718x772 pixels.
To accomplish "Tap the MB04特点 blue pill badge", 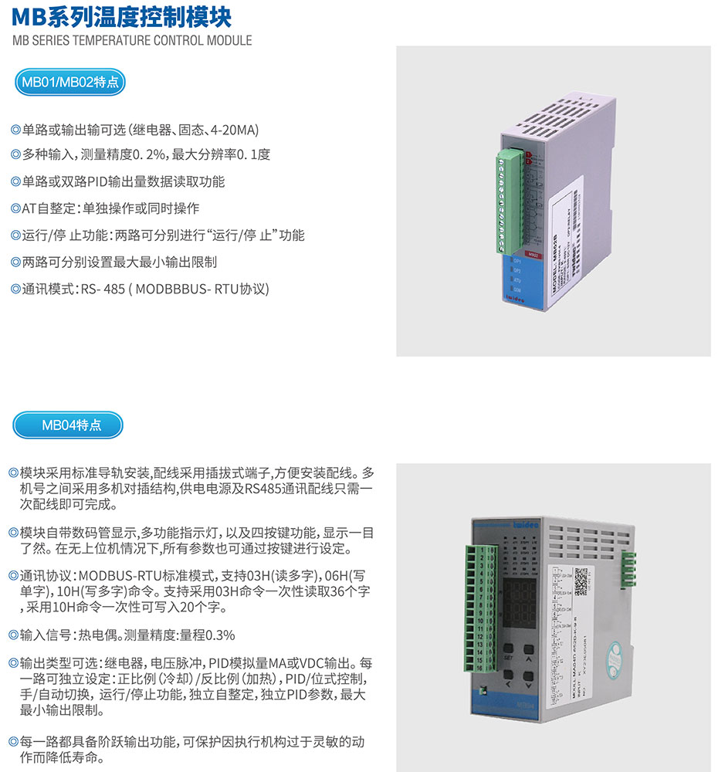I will (70, 424).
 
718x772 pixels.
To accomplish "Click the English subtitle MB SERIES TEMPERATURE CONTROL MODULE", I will (132, 40).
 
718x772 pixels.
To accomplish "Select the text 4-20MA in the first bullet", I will (236, 129).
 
